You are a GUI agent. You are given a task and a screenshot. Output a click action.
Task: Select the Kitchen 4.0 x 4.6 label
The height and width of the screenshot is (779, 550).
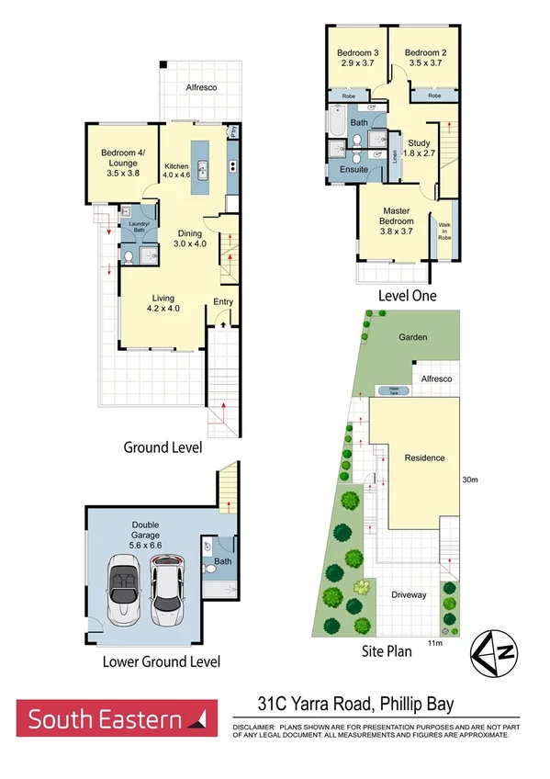point(176,171)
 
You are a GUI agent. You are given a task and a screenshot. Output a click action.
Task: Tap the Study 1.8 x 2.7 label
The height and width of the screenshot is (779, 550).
point(419,148)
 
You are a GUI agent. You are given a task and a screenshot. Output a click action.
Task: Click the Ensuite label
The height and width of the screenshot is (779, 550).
point(354,170)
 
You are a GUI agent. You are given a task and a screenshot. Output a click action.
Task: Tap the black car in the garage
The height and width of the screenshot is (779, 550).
point(165,591)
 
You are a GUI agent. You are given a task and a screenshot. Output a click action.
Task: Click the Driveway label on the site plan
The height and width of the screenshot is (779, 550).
point(409,594)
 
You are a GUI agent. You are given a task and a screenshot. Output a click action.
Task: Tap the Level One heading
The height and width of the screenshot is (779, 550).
point(408,296)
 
